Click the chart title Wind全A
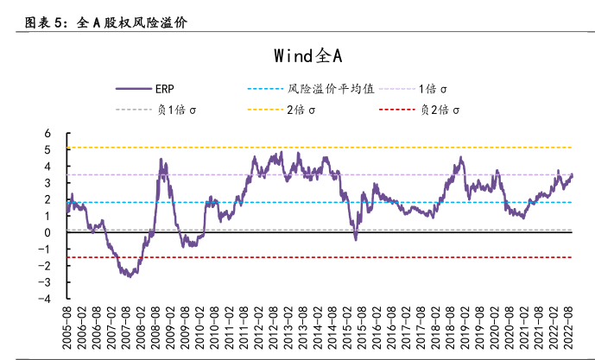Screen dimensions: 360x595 coord(308,56)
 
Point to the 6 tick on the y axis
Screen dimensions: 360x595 coord(48,133)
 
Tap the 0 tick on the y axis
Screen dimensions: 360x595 coord(48,232)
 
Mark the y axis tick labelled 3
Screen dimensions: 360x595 coord(48,183)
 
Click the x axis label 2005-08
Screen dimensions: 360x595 coord(66,327)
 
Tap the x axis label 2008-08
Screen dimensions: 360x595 coord(155,327)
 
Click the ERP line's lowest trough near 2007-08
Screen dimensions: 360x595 coord(129,276)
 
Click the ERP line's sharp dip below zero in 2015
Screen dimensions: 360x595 coord(356,237)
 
